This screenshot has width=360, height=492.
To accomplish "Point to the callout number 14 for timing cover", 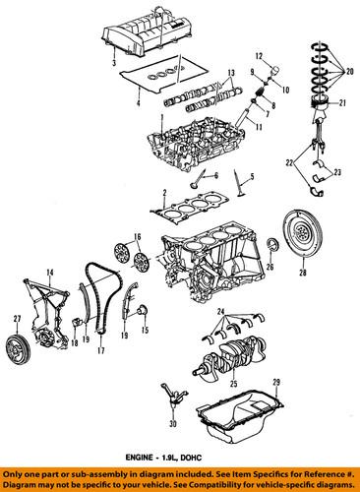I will [49, 271].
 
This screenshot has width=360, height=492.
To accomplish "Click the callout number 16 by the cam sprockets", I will [138, 237].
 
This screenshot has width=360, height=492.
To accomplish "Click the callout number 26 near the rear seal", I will [269, 266].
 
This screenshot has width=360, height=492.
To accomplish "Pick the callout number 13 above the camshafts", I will [230, 74].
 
